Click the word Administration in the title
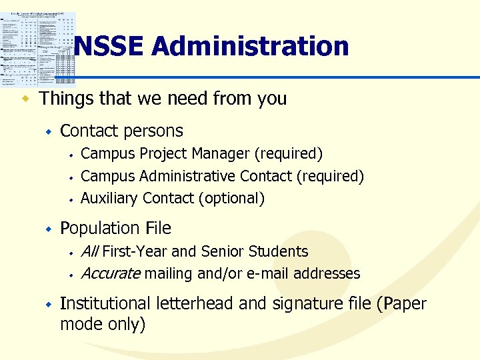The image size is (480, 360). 250,47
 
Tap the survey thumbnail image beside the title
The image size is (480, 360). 39,49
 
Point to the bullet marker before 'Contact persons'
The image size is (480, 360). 48,132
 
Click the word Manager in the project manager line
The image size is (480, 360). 221,154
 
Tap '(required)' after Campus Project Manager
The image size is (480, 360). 289,154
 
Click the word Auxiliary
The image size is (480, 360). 109,198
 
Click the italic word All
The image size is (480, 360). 89,251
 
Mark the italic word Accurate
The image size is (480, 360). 110,273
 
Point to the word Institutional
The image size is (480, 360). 106,303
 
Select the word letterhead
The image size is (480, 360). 195,303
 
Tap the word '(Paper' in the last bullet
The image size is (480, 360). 401,303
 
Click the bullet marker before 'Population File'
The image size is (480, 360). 48,229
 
